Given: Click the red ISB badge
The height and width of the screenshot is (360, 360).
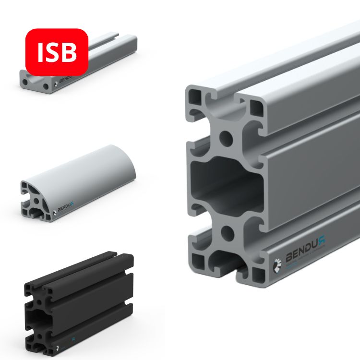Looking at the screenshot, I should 57,52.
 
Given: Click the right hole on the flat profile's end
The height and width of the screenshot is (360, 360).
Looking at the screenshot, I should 45,87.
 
